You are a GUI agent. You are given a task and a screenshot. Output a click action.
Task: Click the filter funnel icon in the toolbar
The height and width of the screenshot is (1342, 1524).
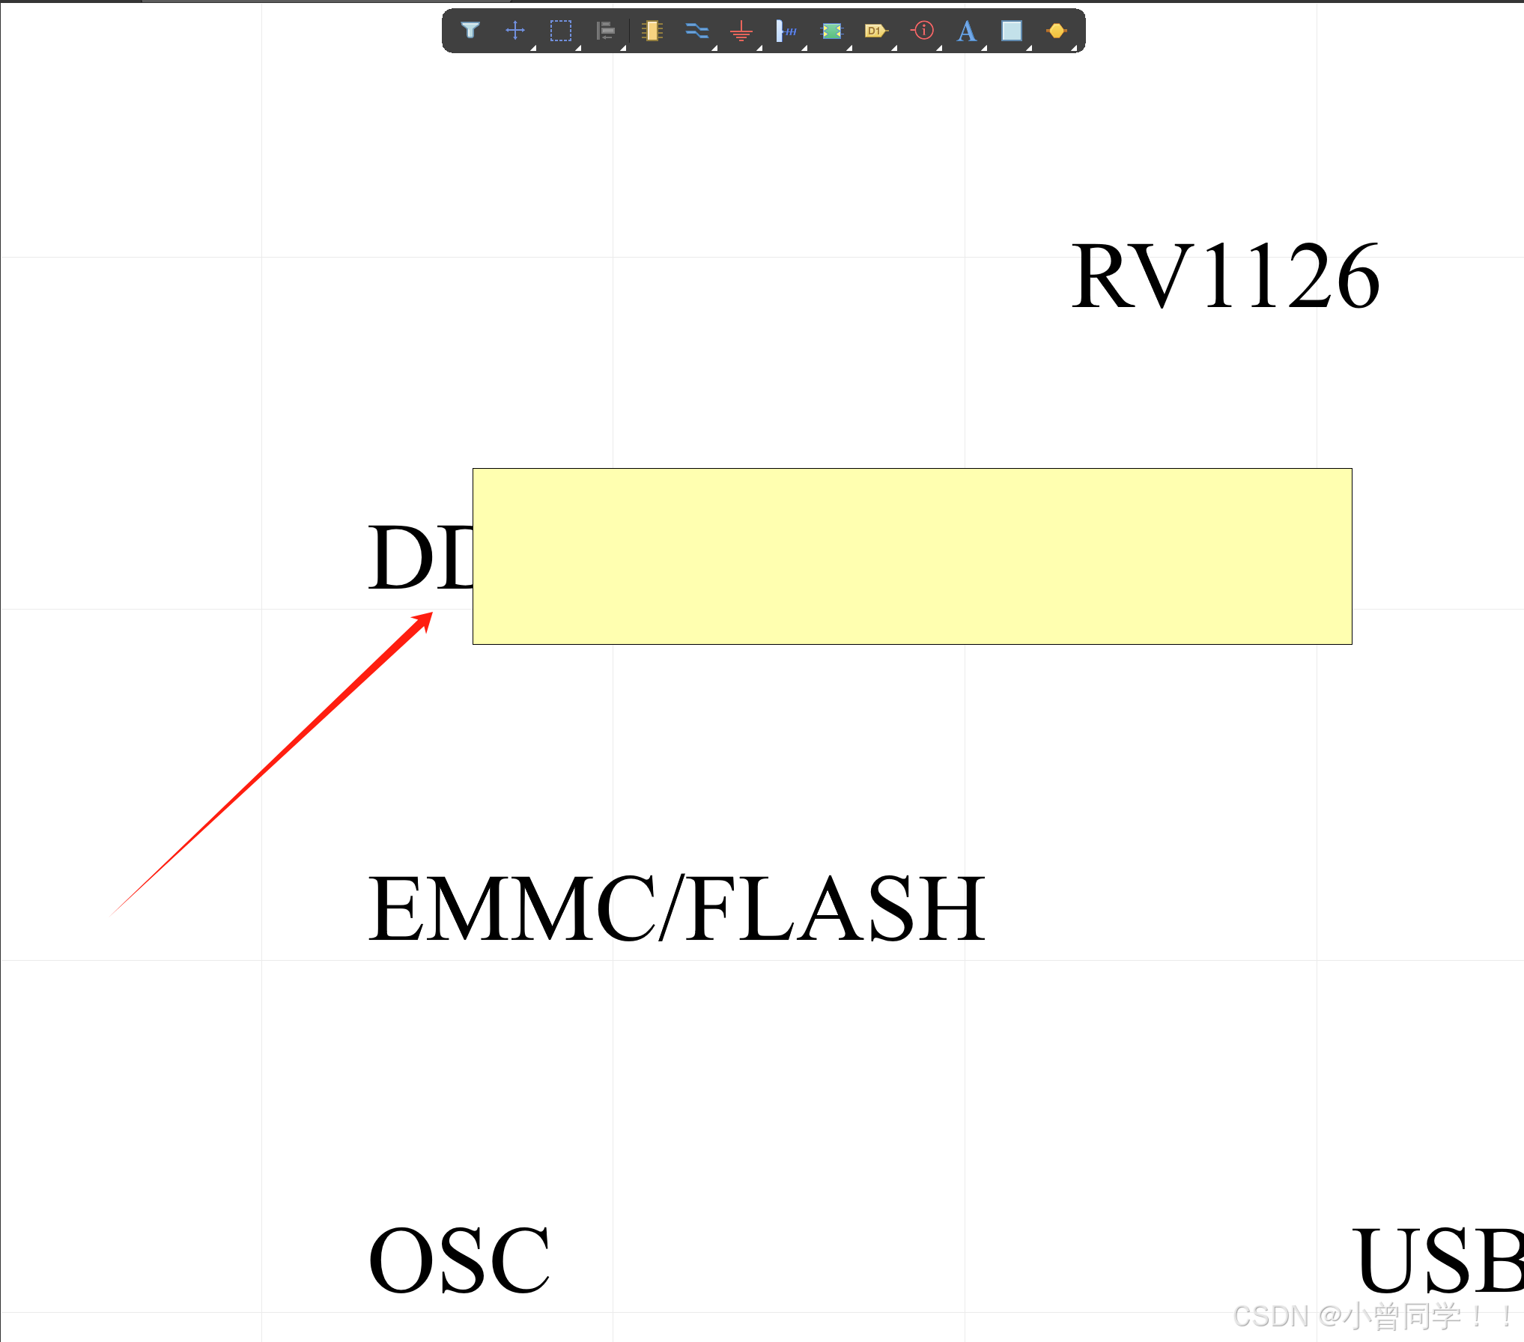point(470,31)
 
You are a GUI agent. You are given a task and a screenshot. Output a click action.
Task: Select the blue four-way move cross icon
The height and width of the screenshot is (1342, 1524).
point(515,31)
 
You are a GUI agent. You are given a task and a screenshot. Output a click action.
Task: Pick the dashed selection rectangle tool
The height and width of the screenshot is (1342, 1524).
point(560,31)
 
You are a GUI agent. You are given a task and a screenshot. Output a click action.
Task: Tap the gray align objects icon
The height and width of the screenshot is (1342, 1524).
point(605,31)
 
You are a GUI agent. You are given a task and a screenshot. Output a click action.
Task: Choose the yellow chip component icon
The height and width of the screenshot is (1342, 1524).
point(652,31)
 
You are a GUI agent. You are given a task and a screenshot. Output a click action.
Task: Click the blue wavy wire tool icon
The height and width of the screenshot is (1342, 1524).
point(696,31)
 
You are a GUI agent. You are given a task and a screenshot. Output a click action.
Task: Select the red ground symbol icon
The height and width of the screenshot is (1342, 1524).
point(741,31)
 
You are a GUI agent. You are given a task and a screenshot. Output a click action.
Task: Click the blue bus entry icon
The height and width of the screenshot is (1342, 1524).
point(786,31)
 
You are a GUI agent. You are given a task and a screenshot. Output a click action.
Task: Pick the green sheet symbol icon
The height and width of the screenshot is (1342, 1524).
point(832,31)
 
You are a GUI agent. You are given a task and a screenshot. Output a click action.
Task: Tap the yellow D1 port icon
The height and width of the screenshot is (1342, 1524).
point(875,31)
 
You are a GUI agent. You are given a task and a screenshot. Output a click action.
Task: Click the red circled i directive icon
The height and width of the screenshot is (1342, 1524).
point(923,31)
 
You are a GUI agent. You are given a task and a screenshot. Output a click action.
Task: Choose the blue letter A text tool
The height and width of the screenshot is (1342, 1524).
point(967,31)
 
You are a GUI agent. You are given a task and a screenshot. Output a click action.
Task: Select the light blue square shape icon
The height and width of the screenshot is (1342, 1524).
point(1012,31)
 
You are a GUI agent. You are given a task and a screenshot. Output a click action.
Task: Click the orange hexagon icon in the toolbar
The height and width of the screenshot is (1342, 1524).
point(1057,31)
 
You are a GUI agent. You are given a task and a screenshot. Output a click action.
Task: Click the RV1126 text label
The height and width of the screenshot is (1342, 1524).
point(1225,276)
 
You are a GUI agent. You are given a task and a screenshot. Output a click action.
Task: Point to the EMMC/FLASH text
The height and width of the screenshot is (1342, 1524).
point(676,908)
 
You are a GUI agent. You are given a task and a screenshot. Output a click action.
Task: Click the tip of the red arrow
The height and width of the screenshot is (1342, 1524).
point(431,613)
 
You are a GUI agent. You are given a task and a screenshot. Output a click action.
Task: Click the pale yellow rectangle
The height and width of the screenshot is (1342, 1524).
point(912,556)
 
